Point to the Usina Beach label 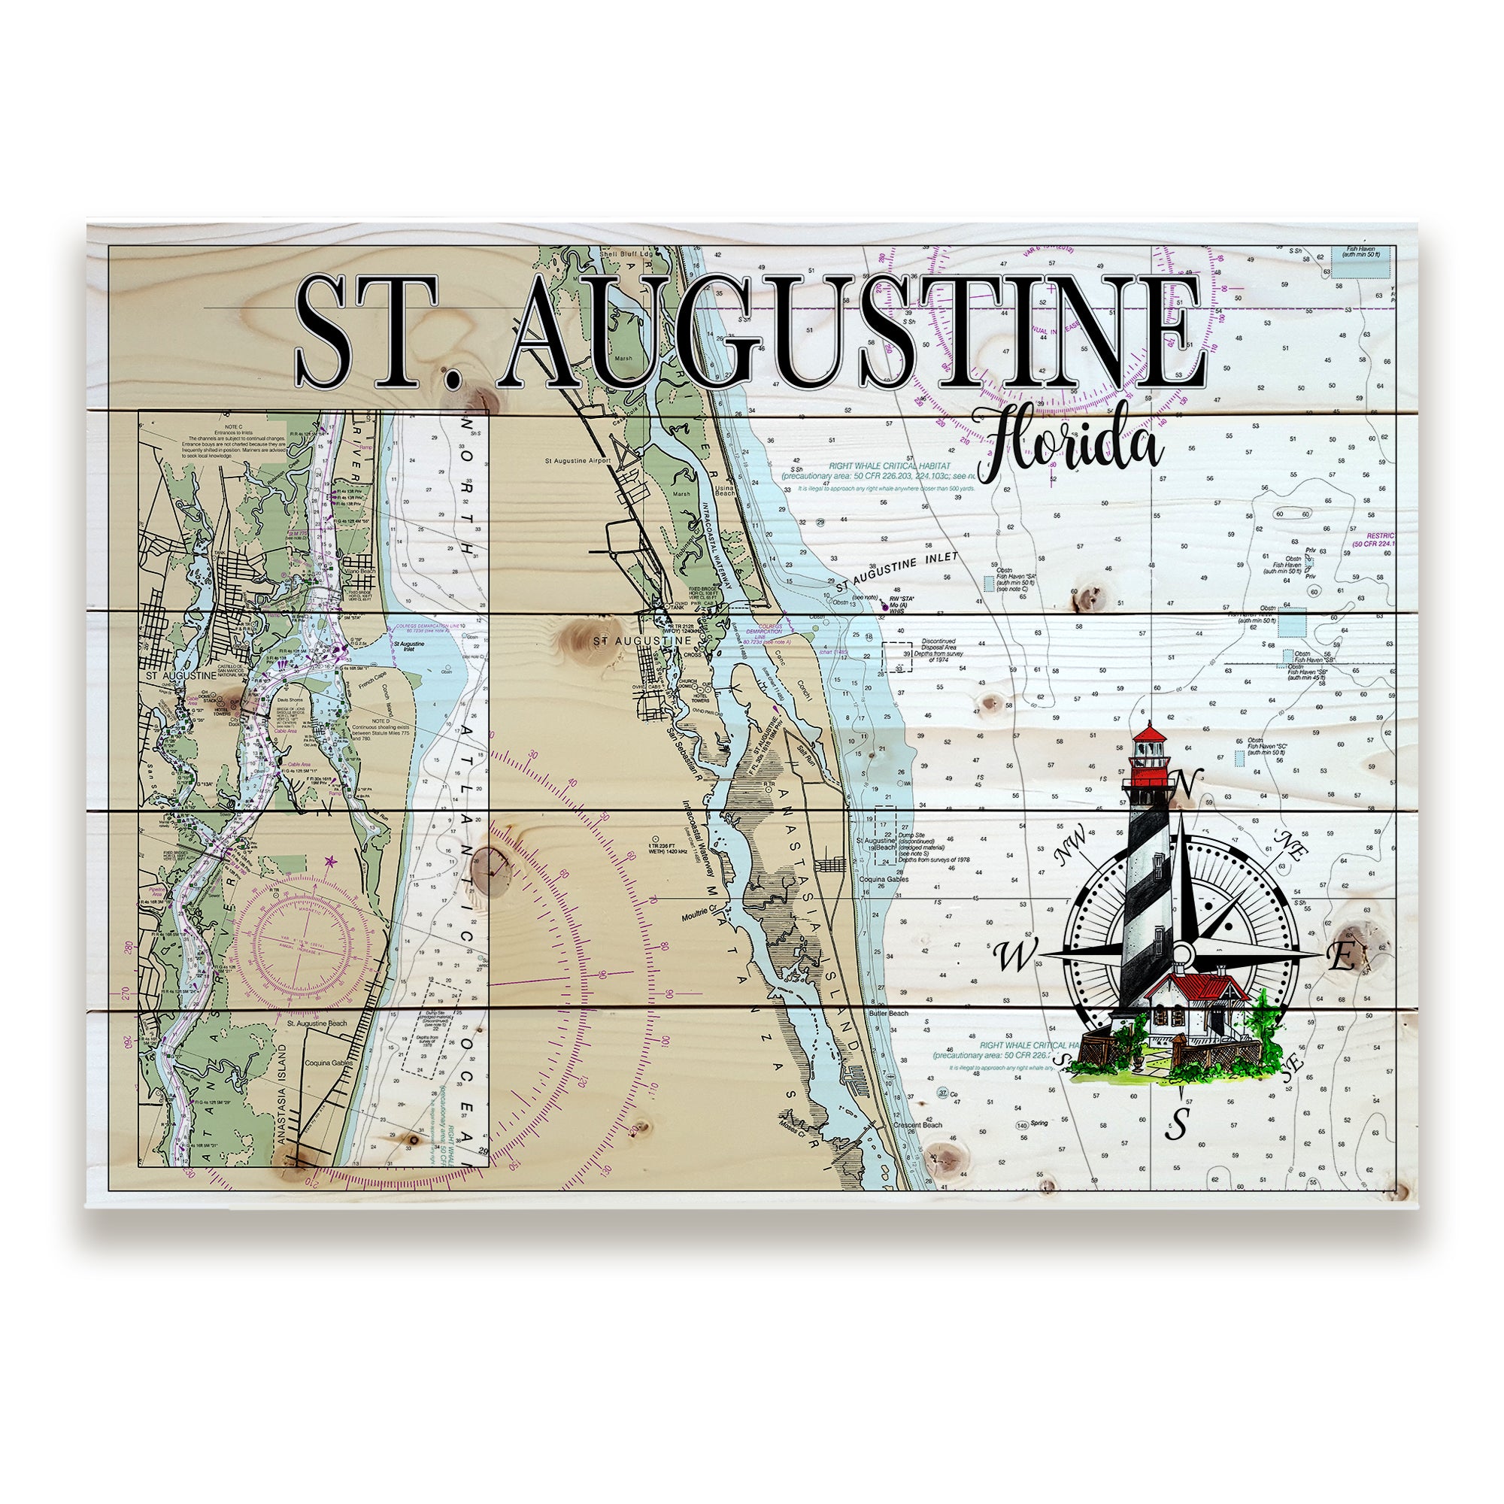click(x=725, y=490)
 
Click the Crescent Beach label click(x=920, y=1124)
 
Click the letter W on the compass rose click(x=1014, y=957)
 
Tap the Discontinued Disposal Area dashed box click(x=897, y=656)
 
